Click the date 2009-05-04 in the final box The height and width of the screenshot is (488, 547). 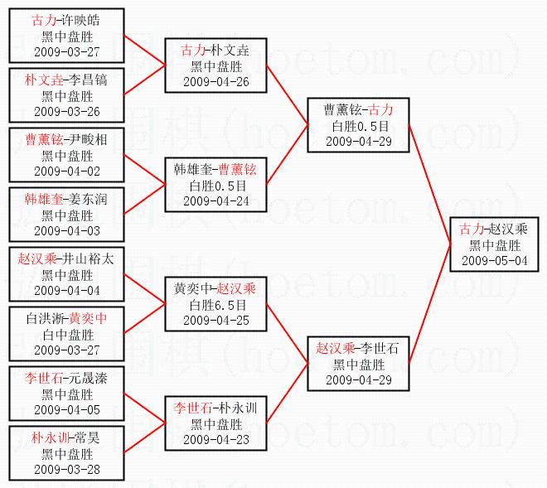pos(494,259)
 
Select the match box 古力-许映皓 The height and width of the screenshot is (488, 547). pos(66,36)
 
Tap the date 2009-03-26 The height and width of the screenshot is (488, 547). pos(66,111)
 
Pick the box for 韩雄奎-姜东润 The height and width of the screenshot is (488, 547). pos(66,215)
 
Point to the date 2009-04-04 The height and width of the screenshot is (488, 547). pos(66,290)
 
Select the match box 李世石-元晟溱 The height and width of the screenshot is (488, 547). pos(66,394)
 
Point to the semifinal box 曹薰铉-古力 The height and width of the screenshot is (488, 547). pos(358,125)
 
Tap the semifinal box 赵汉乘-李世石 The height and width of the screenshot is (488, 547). pos(358,363)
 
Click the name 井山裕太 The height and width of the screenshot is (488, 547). pos(89,258)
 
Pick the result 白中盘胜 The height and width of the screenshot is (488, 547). pos(66,334)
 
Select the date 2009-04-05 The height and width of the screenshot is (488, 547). pos(66,409)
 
